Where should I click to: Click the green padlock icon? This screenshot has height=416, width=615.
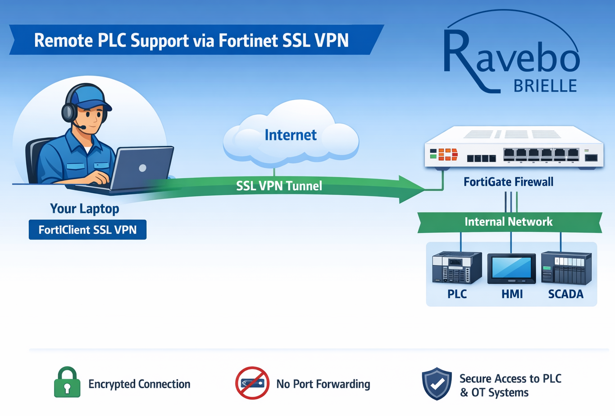[x=67, y=383]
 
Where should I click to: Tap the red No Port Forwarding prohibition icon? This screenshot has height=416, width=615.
[x=252, y=383]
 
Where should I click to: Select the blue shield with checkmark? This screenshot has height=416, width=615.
[x=437, y=384]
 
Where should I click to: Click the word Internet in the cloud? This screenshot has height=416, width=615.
[x=291, y=135]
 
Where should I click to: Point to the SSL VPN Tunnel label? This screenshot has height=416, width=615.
[x=279, y=186]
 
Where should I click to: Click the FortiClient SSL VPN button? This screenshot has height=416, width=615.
[x=87, y=230]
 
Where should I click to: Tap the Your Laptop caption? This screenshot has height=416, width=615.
[x=85, y=208]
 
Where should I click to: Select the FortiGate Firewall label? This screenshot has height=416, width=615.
[x=508, y=182]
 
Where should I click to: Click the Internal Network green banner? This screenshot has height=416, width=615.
[x=509, y=222]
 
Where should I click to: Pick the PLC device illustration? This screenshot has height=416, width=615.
[x=456, y=268]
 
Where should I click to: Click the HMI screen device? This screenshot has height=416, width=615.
[x=511, y=269]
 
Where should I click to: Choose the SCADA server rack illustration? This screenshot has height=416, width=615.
[x=566, y=268]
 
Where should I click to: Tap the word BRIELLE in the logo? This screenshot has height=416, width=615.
[x=545, y=86]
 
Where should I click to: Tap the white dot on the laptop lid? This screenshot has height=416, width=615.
[x=143, y=168]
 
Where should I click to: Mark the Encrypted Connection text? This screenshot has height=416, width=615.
[x=139, y=384]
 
